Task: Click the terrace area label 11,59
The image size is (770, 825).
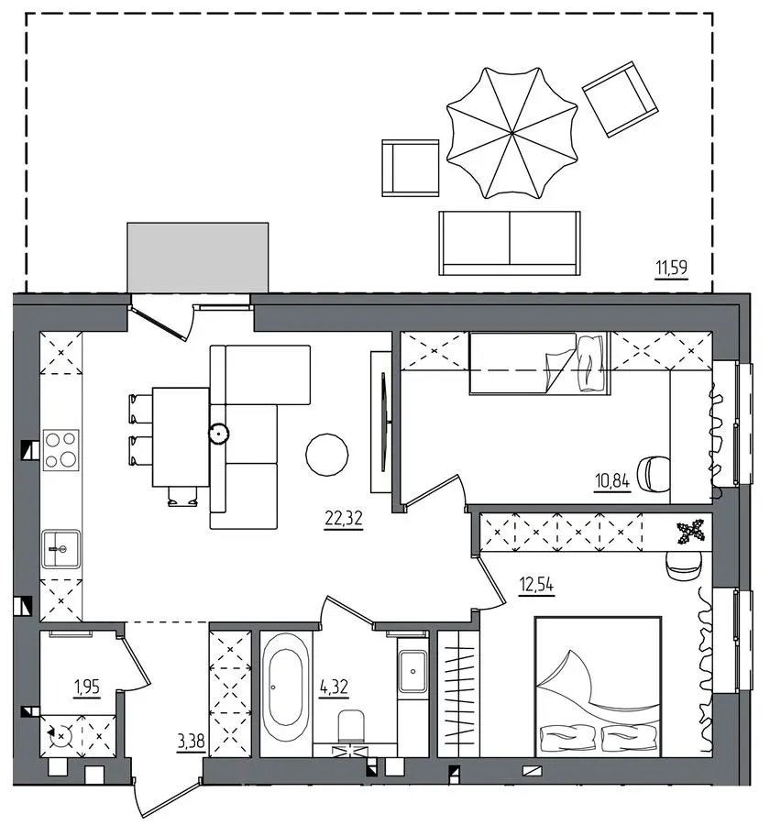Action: (x=671, y=269)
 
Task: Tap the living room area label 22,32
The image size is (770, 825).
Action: (x=344, y=519)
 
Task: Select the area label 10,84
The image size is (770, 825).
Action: (x=612, y=481)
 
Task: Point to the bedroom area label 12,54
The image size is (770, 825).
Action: (x=537, y=585)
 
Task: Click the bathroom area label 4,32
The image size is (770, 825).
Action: (x=334, y=687)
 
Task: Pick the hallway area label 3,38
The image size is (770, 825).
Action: (x=191, y=742)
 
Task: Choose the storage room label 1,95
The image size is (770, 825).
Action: (x=87, y=687)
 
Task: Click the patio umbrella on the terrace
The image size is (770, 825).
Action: (x=511, y=133)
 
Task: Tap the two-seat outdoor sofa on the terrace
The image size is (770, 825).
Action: (x=510, y=243)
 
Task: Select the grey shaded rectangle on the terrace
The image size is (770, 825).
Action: (x=198, y=257)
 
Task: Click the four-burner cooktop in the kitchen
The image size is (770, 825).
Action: (x=61, y=450)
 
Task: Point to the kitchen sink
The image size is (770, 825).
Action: (x=61, y=549)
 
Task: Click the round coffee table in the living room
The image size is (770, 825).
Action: (x=327, y=455)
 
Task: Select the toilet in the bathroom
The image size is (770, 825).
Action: (x=351, y=726)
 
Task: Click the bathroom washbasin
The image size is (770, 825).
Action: (x=412, y=671)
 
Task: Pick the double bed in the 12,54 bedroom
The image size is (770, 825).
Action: (x=598, y=686)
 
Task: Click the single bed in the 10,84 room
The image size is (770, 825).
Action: (x=539, y=363)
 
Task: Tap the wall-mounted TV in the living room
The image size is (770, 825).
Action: (x=385, y=421)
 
